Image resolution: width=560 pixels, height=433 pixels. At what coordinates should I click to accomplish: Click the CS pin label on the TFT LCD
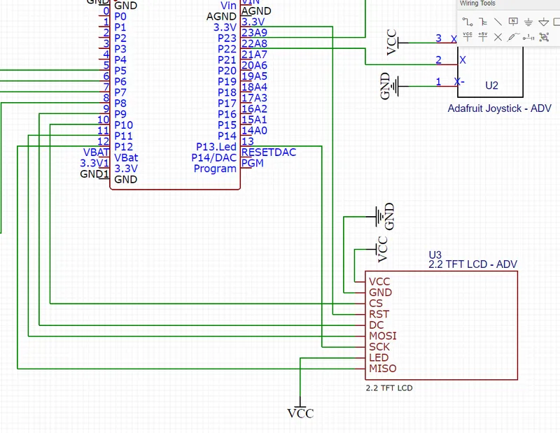376,304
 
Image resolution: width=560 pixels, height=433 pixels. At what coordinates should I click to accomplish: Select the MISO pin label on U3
382,369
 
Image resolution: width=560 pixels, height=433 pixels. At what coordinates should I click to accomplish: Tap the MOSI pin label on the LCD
382,336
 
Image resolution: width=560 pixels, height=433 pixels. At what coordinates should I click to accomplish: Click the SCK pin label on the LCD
379,347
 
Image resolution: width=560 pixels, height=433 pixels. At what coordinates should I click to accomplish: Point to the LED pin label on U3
378,358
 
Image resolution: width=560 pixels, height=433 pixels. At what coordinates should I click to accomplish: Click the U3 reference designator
435,254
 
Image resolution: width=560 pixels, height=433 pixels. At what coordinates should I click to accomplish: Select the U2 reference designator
491,85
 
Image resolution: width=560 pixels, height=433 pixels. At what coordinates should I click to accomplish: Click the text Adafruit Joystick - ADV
499,108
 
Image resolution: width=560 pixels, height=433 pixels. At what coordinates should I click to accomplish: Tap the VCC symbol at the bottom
300,413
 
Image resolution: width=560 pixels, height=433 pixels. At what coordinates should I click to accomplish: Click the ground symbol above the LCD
384,216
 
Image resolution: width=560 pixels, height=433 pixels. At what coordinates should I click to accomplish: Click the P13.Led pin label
216,147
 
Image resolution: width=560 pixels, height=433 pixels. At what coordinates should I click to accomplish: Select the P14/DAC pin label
213,157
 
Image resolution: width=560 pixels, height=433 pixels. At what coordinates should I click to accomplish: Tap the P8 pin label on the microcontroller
120,103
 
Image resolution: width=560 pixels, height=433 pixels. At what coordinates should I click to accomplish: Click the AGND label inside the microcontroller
221,16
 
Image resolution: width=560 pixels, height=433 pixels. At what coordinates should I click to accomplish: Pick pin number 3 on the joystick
438,38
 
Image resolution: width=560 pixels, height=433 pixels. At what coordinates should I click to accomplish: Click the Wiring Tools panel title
477,3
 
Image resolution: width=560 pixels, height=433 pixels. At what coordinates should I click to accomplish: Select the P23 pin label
227,38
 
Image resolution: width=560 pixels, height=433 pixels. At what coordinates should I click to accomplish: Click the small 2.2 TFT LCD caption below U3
393,387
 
